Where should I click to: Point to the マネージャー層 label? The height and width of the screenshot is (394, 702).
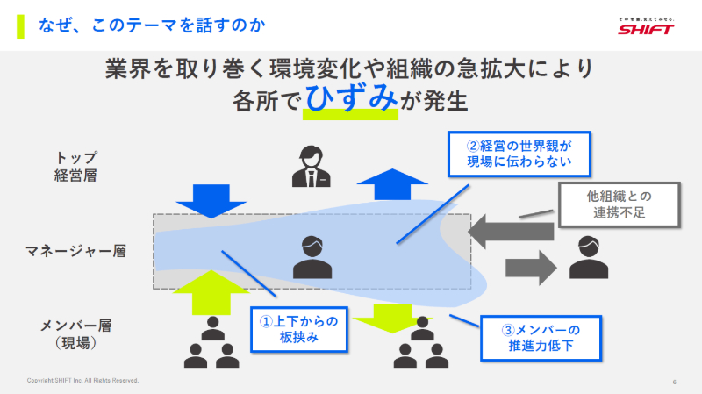[x=75, y=252]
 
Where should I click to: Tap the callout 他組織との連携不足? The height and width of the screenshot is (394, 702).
[x=620, y=204]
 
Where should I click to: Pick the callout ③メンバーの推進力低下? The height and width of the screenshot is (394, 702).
[x=541, y=338]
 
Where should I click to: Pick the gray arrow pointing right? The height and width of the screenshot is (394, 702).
[x=532, y=266]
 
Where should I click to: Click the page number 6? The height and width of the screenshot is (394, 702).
[x=674, y=382]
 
